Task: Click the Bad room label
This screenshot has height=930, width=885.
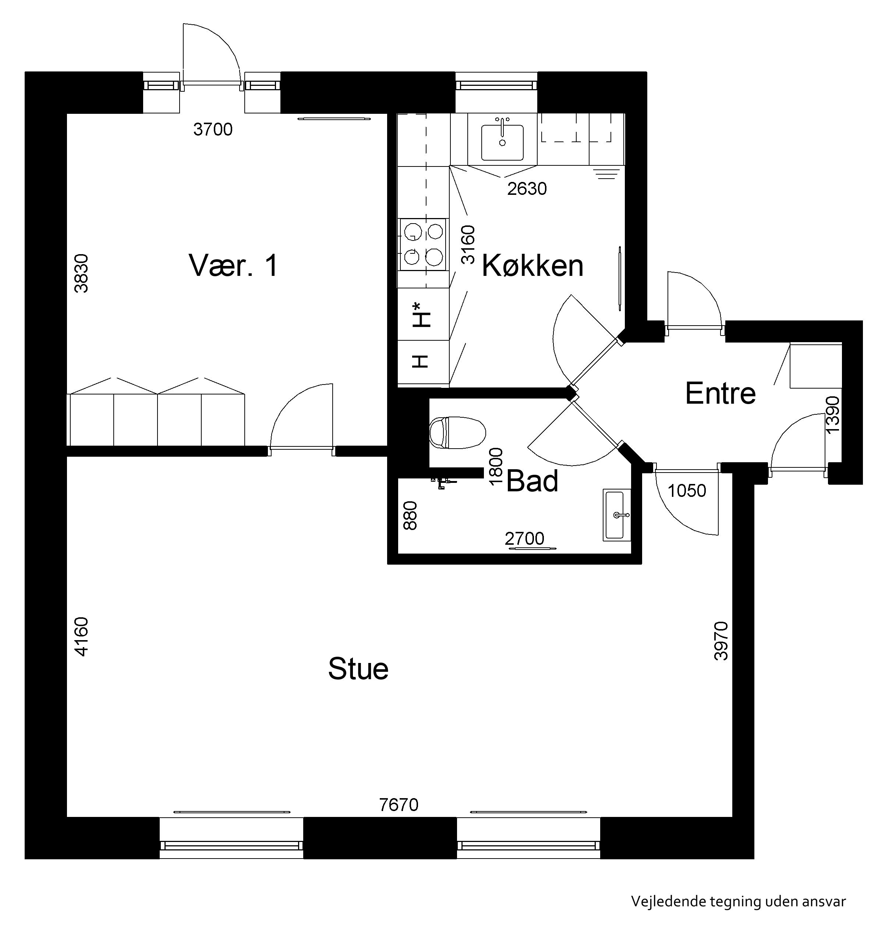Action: tap(532, 481)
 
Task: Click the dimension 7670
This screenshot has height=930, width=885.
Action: tap(399, 804)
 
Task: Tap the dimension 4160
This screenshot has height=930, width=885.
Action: tap(81, 636)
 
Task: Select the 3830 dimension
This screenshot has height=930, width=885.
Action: tap(81, 273)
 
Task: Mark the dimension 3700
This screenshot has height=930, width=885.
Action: tap(213, 129)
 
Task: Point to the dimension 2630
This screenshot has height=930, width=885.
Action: tap(527, 189)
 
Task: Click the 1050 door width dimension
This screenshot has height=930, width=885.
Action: tap(687, 491)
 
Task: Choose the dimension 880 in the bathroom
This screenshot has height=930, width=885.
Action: tap(410, 516)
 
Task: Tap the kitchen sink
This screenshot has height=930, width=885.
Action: tap(502, 142)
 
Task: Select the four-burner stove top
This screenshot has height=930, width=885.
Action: tap(423, 245)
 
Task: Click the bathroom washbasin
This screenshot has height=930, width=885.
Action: tap(617, 515)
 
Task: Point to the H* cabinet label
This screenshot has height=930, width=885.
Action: tap(422, 315)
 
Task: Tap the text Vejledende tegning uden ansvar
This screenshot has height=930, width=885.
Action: tap(738, 901)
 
